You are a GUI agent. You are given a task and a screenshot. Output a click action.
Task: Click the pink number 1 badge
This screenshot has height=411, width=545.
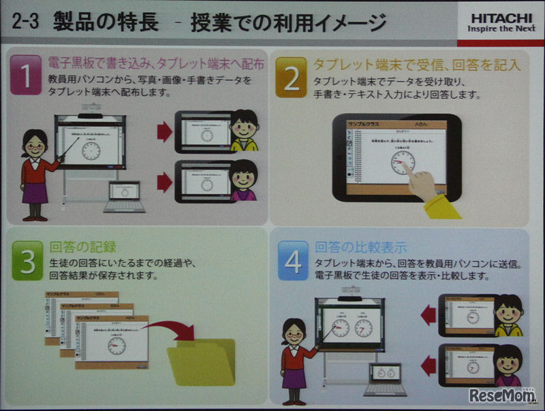pyautogui.click(x=26, y=76)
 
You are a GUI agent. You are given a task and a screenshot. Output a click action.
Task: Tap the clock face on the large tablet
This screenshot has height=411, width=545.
pyautogui.click(x=403, y=162)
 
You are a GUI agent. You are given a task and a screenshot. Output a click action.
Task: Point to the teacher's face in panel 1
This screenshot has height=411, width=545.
pyautogui.click(x=34, y=145)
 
